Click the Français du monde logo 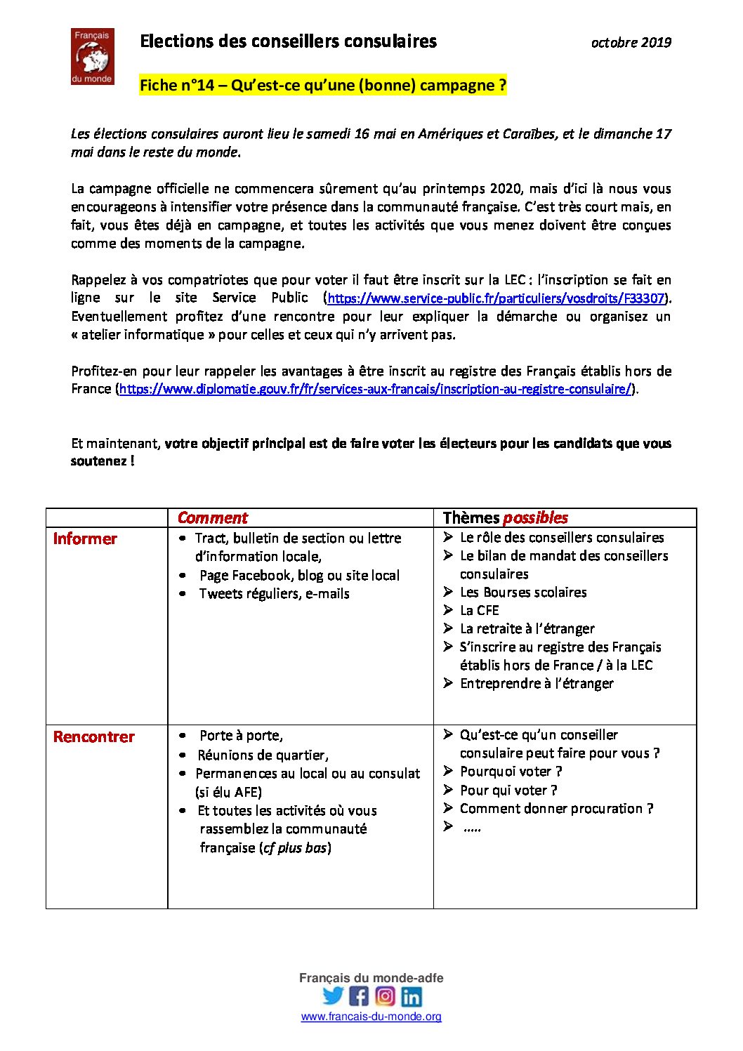pos(92,56)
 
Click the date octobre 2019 pos(631,43)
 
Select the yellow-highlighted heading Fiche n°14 pos(322,86)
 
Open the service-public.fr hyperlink pos(496,298)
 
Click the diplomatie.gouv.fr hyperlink pos(375,389)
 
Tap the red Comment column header pos(212,518)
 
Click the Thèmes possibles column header pos(505,518)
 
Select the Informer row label pos(85,539)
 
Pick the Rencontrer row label pos(93,737)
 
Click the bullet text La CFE pos(479,611)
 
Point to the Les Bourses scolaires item pos(522,593)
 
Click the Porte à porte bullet pos(241,736)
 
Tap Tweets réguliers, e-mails pos(274,594)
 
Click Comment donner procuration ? pos(556,809)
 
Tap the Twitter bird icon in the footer pos(333,996)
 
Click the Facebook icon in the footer pos(359,996)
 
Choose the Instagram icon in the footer pos(385,996)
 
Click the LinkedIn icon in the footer pos(412,996)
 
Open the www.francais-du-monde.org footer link pos(371,1017)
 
